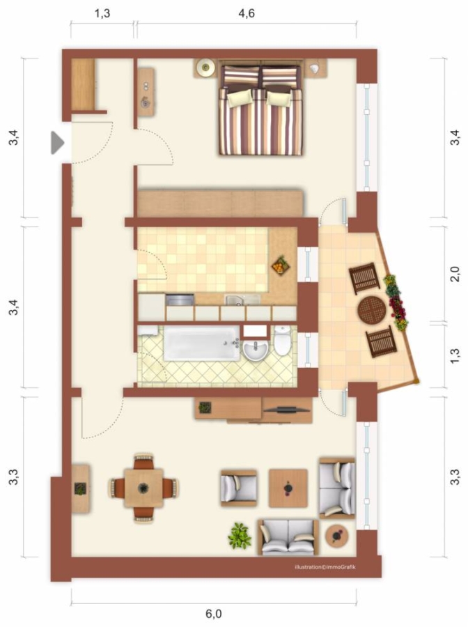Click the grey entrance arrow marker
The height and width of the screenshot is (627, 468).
click(56, 143)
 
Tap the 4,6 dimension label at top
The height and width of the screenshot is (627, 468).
click(247, 13)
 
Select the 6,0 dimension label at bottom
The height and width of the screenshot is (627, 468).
click(213, 613)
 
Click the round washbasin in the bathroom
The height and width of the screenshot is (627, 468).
click(256, 350)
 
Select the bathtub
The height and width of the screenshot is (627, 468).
click(202, 343)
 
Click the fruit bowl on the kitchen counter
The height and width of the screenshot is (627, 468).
click(281, 265)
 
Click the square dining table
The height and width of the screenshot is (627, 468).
click(143, 488)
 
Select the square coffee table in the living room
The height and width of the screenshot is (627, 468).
click(288, 488)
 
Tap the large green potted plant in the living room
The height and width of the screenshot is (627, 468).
click(239, 536)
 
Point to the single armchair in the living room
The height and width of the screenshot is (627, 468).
click(239, 488)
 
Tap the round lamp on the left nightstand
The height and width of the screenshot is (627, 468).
click(206, 68)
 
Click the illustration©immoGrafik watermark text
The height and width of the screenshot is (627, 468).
click(325, 567)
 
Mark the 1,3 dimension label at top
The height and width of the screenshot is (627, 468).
click(102, 13)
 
